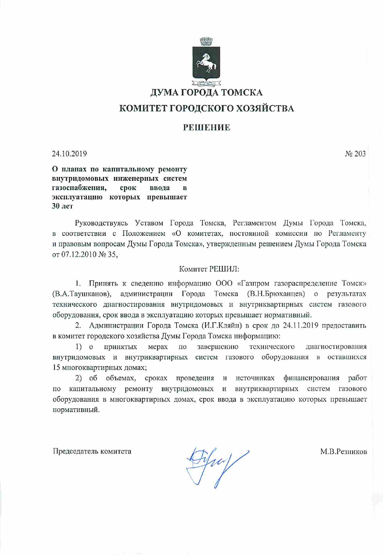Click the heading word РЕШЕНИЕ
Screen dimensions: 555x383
point(206,127)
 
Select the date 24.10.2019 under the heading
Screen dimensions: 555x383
point(69,154)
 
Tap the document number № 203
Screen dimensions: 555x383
point(355,154)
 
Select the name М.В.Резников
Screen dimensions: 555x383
point(343,452)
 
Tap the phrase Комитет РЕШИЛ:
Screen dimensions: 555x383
point(209,269)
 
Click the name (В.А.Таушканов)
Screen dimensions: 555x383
point(82,294)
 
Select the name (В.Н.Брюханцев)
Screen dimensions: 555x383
point(276,294)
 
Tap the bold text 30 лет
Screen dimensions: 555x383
point(62,206)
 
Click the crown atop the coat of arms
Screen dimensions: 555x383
point(206,41)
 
